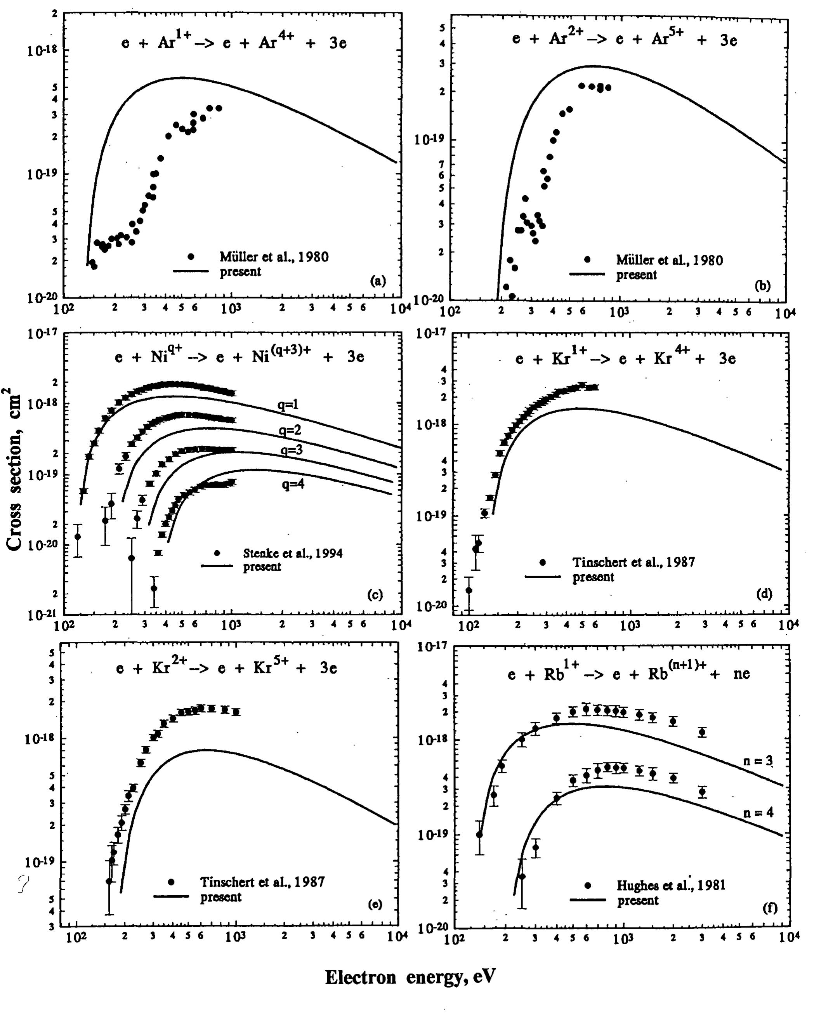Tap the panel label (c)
[x=375, y=594]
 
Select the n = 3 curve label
[x=758, y=761]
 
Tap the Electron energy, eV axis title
[x=410, y=978]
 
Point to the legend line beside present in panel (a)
[x=191, y=272]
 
